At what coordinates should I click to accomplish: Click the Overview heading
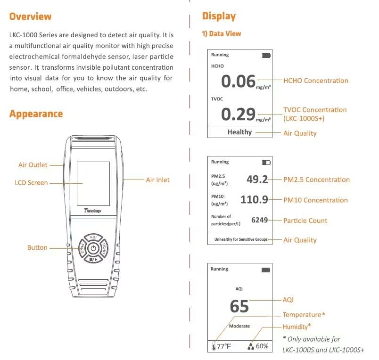click(30, 16)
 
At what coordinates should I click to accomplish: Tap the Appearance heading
click(36, 114)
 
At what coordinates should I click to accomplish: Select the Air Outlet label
click(33, 165)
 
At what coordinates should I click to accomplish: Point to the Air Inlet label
click(157, 180)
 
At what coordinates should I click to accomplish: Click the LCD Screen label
click(31, 183)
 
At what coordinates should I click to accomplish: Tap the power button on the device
click(93, 248)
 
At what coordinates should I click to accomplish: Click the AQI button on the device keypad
click(93, 237)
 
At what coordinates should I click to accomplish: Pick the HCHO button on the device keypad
click(104, 248)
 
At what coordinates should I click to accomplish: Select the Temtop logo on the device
click(92, 211)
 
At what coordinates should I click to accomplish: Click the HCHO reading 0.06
click(238, 81)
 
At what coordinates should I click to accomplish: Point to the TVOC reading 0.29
click(238, 114)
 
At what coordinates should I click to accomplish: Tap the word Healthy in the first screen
click(239, 132)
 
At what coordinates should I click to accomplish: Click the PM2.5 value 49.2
click(257, 179)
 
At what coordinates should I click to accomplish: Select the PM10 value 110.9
click(254, 200)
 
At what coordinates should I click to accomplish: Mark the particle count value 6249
click(259, 220)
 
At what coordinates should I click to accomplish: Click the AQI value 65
click(239, 306)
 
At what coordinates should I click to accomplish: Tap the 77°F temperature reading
click(223, 346)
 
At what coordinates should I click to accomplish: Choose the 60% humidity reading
click(262, 346)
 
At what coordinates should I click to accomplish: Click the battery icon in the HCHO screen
click(266, 56)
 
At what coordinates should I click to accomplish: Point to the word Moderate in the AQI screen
click(239, 326)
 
